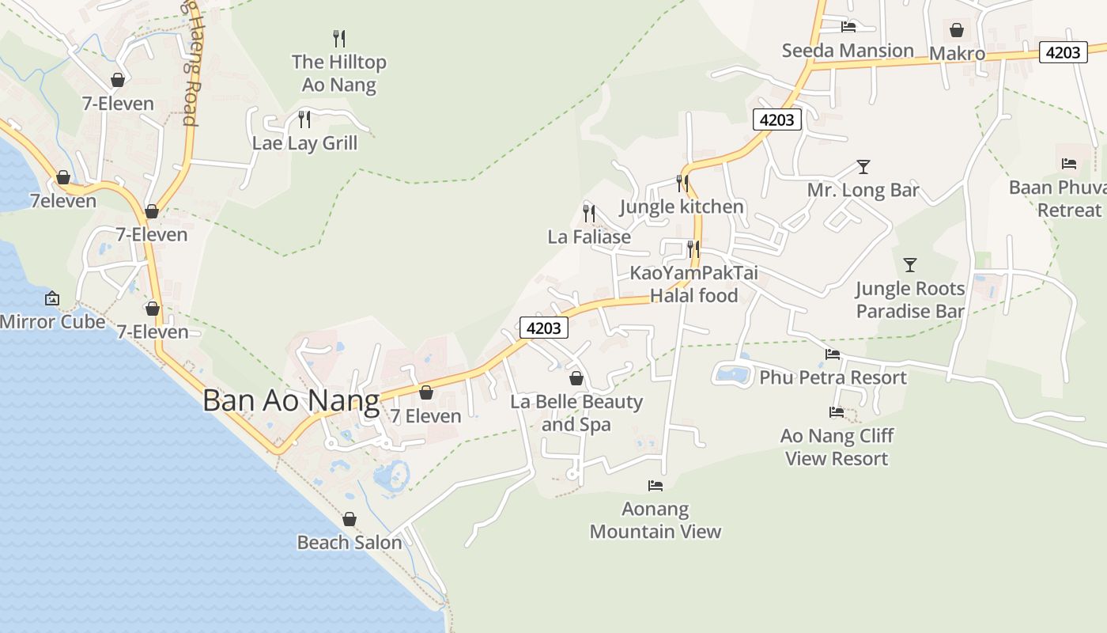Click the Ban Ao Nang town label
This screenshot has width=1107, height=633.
(291, 400)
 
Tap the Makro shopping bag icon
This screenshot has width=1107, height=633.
(957, 31)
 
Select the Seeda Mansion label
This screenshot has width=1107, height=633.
(848, 51)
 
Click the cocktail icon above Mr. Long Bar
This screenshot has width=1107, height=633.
(863, 167)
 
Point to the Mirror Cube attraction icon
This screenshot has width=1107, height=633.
(52, 298)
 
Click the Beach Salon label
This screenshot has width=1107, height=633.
(349, 543)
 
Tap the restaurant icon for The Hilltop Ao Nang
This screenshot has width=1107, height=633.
(339, 38)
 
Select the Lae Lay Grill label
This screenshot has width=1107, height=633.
(304, 143)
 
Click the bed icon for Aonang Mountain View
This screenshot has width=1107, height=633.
(656, 486)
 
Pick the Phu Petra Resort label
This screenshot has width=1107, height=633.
(833, 377)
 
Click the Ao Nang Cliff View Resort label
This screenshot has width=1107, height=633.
(837, 447)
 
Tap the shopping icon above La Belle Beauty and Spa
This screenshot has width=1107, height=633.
(576, 378)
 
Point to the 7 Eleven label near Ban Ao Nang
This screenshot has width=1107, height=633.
(426, 416)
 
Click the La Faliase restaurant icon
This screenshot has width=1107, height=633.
(589, 213)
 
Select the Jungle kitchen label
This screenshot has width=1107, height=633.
(682, 207)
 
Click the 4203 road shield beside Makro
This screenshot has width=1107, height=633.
(1062, 52)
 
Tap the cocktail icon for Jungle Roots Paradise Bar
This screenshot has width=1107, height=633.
(910, 265)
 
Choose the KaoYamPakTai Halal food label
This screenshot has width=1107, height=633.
(693, 284)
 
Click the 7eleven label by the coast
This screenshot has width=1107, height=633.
(63, 201)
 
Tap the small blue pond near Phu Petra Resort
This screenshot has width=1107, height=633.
(733, 374)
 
